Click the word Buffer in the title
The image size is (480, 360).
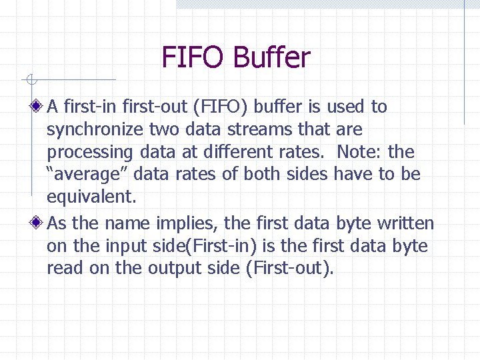coord(271,57)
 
